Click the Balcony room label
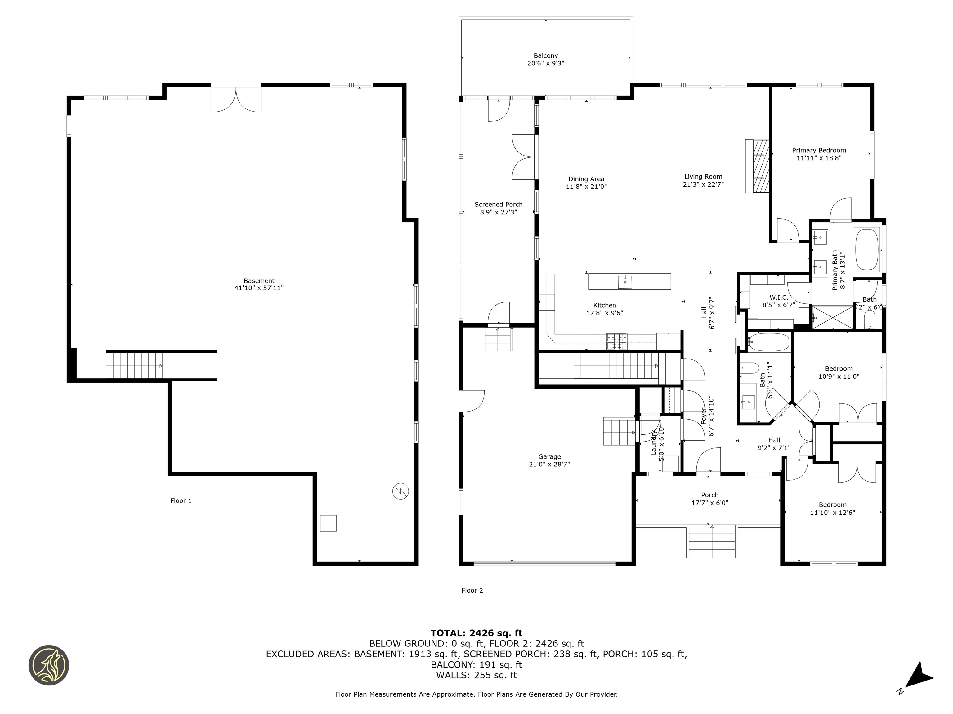pos(545,55)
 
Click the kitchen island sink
pos(625,282)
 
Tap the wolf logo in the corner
pos(49,665)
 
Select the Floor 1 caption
pos(181,500)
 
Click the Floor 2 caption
pos(472,590)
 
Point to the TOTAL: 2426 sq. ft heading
pos(476,633)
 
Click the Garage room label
pos(549,457)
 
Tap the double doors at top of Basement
pos(236,99)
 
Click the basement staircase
pos(134,365)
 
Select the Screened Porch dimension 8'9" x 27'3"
pos(499,212)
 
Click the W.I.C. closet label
pos(779,297)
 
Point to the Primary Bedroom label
pos(819,150)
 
